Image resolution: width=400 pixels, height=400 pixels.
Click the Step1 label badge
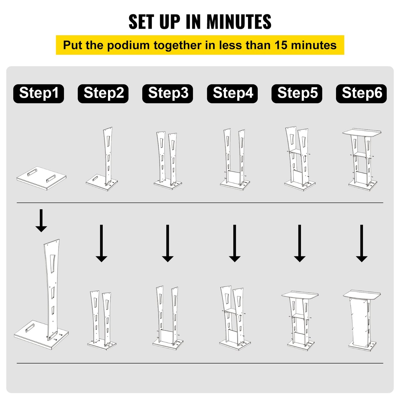tap(38, 94)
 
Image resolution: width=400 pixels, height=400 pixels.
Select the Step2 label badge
tap(103, 94)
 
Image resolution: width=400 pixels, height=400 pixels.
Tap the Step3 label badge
tap(168, 94)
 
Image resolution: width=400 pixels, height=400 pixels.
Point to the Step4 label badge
tap(233, 94)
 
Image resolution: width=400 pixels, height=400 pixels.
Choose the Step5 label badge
tap(297, 94)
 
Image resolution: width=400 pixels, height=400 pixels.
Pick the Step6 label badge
tap(362, 94)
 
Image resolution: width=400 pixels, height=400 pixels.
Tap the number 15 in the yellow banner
tap(281, 45)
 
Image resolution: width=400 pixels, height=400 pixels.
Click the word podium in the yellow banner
tap(128, 45)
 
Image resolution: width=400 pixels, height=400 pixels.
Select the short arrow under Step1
tap(41, 221)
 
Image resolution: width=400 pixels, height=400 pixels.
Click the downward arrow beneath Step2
tap(101, 244)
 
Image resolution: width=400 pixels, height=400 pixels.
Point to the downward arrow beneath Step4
tap(234, 244)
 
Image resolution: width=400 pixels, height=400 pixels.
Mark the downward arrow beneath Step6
tap(362, 244)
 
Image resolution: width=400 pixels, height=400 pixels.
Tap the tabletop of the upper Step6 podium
tap(362, 132)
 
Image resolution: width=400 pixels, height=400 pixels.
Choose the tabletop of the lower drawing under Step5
tap(300, 295)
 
